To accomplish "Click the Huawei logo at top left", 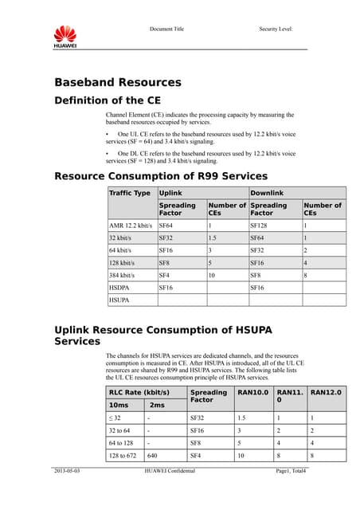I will tap(65, 36).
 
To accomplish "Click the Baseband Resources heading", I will tap(117, 82).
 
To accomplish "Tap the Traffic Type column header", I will tap(130, 193).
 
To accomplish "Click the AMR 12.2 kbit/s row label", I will tap(131, 226).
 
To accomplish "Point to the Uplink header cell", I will tap(170, 193).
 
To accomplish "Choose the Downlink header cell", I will tap(268, 193).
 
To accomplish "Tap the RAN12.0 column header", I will tap(327, 392).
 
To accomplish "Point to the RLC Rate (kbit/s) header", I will tap(139, 392).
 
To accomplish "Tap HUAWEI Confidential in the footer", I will tap(170, 472).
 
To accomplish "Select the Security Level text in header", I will tap(276, 29).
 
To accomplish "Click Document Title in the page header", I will tap(166, 29).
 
